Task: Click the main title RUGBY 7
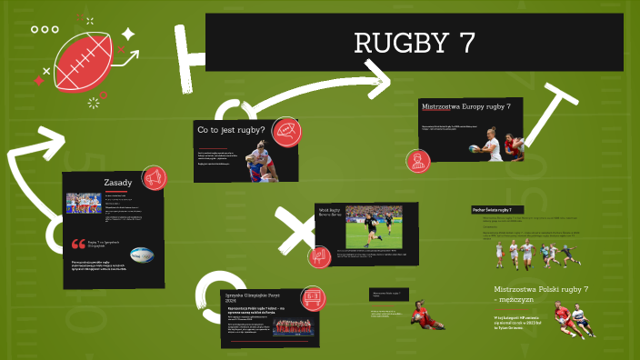point(413,42)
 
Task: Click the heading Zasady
point(118,183)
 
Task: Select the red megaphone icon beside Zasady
point(153,176)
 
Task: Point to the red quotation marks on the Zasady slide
point(77,244)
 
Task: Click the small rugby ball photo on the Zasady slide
point(142,255)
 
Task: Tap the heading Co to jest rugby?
point(231,131)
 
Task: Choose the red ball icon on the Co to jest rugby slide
point(286,133)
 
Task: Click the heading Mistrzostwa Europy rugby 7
point(465,106)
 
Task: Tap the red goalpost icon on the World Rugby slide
point(319,256)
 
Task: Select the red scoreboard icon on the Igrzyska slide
point(313,297)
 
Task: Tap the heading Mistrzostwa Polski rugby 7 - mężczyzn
point(535,294)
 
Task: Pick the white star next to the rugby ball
point(128,35)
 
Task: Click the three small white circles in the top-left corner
point(45,30)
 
